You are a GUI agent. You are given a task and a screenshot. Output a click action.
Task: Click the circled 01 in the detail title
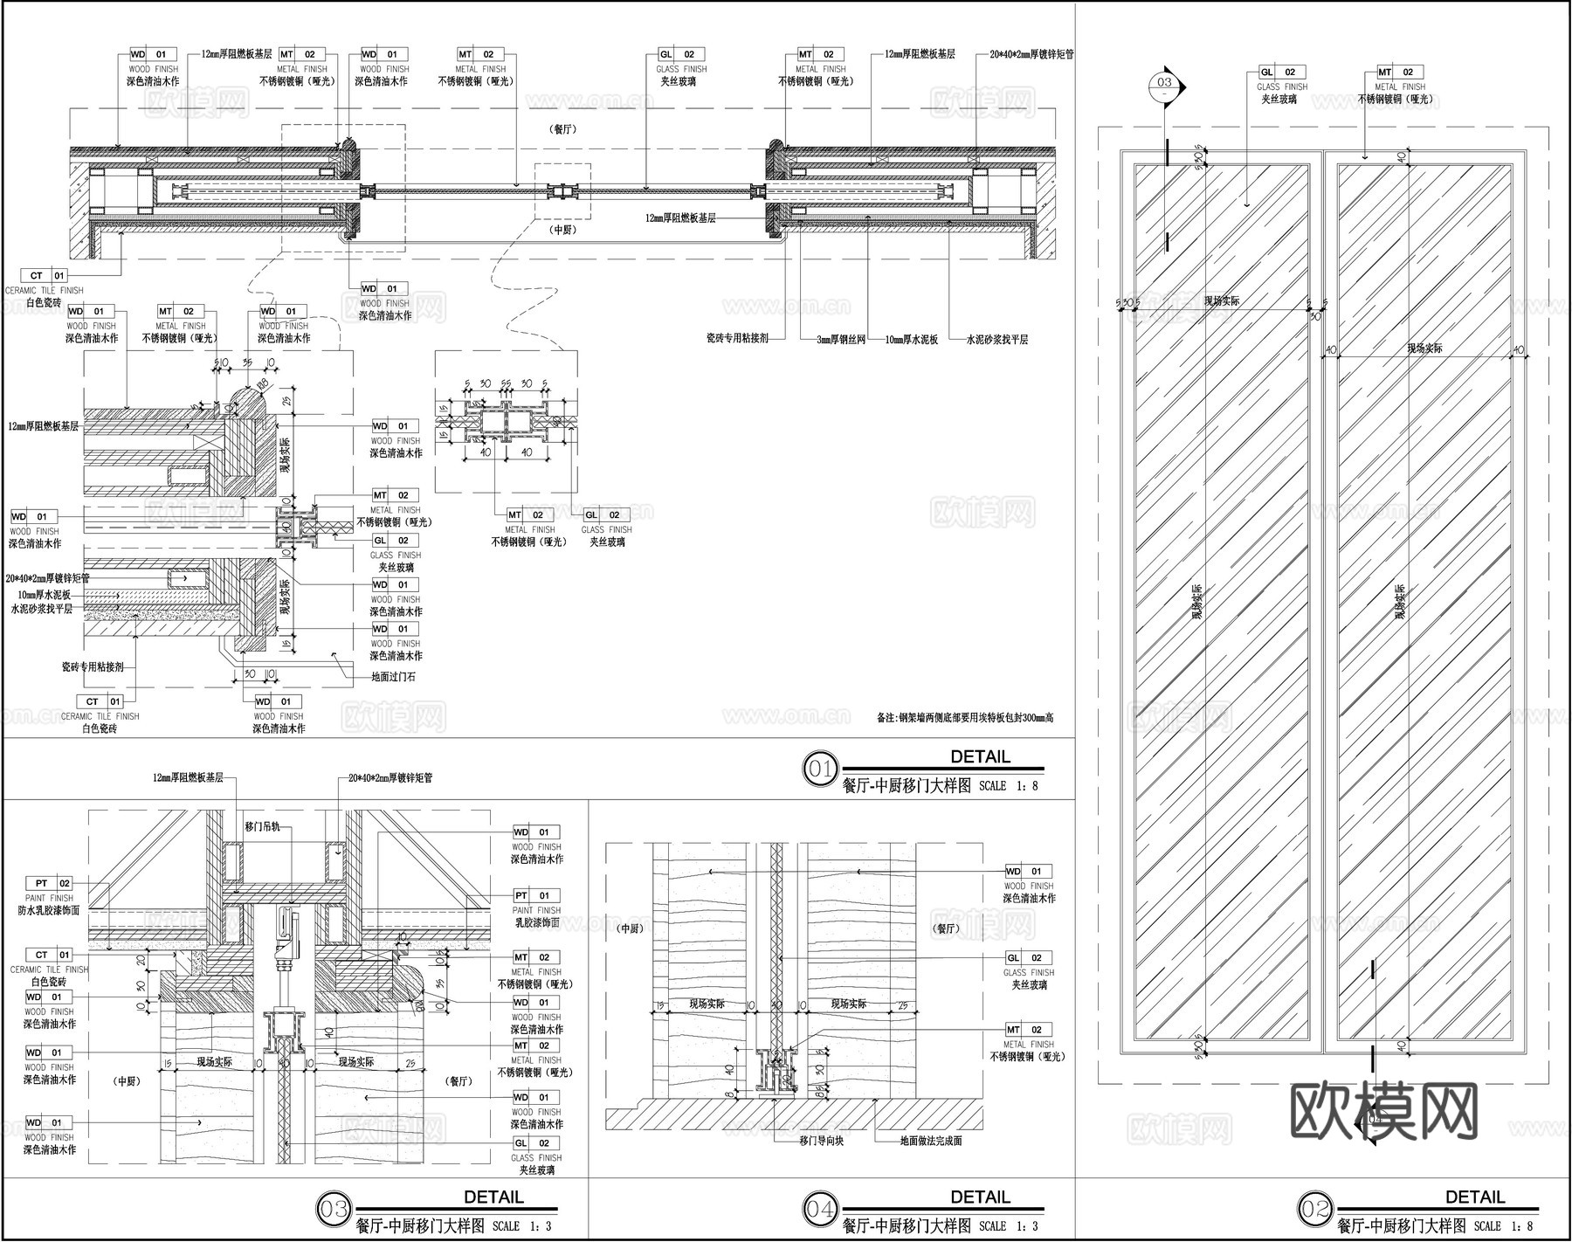820,769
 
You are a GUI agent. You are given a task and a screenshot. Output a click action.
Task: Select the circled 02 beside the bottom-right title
1316,1209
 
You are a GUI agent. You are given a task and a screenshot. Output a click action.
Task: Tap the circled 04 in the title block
820,1209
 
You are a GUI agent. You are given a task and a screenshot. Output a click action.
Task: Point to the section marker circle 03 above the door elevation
1165,84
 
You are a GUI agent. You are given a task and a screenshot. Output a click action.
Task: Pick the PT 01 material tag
536,895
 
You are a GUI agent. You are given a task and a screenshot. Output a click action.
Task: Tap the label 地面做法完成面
931,1141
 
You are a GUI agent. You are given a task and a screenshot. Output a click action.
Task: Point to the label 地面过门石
393,676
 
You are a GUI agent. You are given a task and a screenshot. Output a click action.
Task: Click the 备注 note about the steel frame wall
965,718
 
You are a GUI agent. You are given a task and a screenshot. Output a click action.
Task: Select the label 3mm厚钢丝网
841,339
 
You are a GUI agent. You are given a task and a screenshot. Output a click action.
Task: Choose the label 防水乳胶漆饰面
49,910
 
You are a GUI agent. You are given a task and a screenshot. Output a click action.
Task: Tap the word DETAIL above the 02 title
1475,1197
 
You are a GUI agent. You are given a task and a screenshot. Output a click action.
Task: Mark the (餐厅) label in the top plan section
563,129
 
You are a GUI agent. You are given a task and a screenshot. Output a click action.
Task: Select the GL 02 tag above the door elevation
1282,72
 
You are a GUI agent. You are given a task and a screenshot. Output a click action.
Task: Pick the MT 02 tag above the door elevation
1400,72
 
